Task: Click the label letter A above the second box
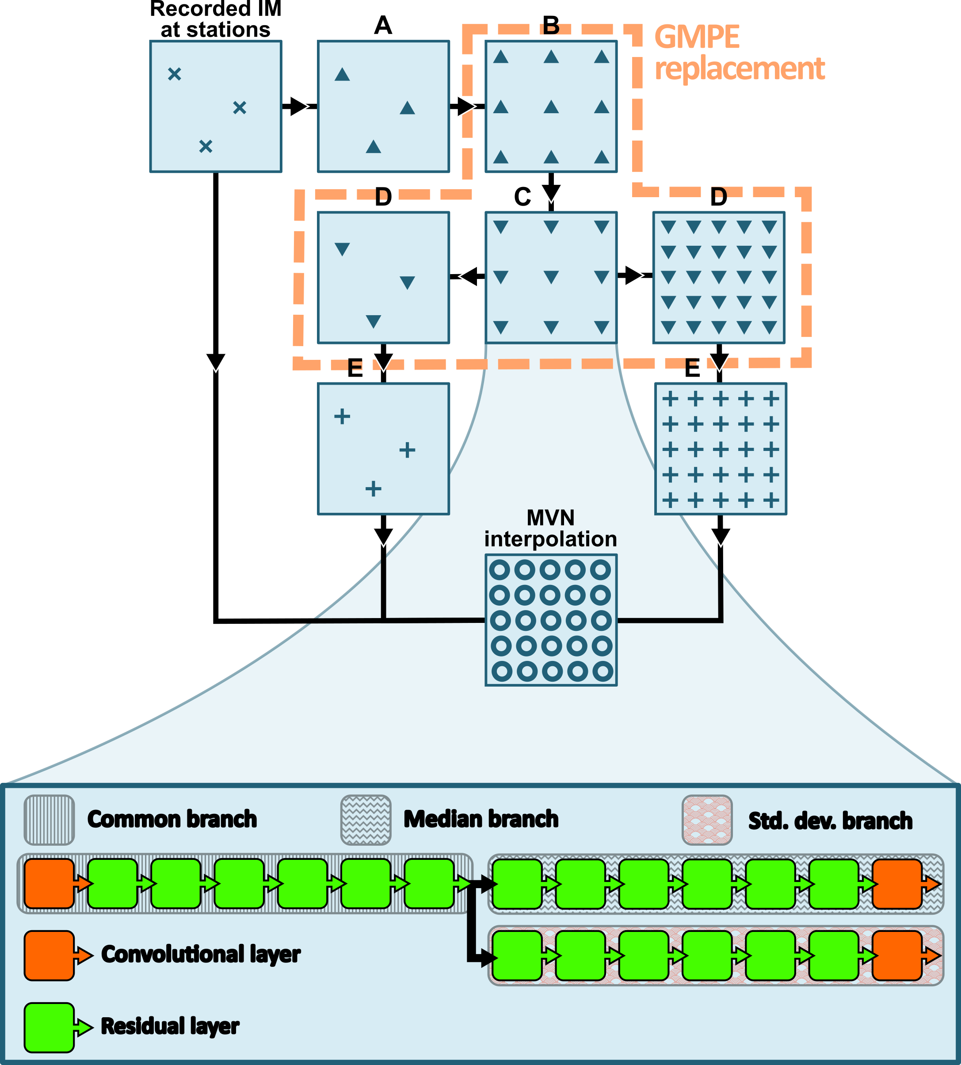point(383,25)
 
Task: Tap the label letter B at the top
point(551,25)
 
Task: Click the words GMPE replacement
point(739,53)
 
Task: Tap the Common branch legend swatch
point(49,820)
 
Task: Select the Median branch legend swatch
point(366,820)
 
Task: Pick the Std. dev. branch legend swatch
point(707,820)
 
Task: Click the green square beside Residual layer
point(49,1027)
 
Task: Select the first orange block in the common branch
point(49,883)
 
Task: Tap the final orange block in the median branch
point(897,883)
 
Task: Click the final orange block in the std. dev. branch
point(897,955)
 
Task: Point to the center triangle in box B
point(551,107)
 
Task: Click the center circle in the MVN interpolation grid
point(551,620)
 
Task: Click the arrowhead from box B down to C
point(551,192)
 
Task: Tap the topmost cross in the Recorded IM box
point(174,74)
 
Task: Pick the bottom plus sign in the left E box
point(374,489)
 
